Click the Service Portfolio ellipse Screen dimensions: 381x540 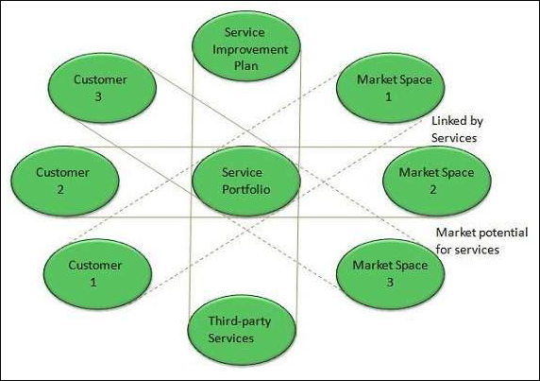pyautogui.click(x=246, y=181)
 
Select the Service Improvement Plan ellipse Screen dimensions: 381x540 pyautogui.click(x=246, y=48)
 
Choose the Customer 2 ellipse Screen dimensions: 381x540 pyautogui.click(x=62, y=181)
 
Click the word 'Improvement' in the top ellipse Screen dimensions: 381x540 pyautogui.click(x=246, y=48)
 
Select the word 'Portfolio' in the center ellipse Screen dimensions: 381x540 pyautogui.click(x=246, y=188)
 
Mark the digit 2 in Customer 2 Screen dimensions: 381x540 pyautogui.click(x=62, y=188)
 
